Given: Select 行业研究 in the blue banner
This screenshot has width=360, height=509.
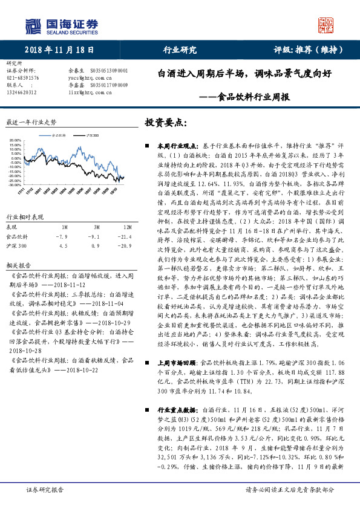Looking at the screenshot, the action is [x=180, y=51].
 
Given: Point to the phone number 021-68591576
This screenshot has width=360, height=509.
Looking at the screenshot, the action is [x=22, y=78].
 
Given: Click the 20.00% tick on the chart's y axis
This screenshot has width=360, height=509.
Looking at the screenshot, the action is [x=16, y=141].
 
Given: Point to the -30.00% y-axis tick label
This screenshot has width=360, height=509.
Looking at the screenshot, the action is [x=15, y=185].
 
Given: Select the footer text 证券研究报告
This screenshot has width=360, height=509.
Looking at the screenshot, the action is [x=44, y=490].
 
